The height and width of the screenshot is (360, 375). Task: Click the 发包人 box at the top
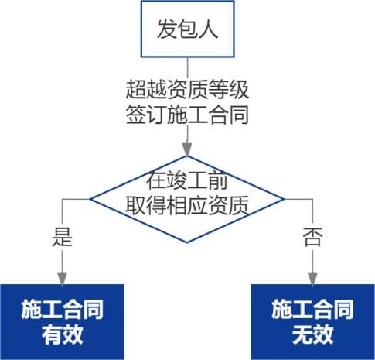pos(187,29)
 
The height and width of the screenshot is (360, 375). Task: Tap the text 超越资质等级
pos(187,90)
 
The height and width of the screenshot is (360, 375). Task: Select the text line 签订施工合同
pos(187,115)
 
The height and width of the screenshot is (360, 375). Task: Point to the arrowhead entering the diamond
pos(187,149)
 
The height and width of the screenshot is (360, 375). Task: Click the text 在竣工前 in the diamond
pos(187,181)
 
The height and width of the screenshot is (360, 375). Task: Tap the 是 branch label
pos(62,237)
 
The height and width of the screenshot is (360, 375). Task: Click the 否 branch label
pos(312,237)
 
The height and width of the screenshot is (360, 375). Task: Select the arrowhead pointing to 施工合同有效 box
pos(62,278)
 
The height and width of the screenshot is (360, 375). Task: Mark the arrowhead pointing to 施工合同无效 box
pos(312,278)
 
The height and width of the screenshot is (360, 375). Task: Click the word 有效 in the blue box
pos(63,334)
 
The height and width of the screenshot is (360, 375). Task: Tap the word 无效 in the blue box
pos(313,334)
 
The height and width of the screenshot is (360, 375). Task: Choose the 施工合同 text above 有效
pos(63,310)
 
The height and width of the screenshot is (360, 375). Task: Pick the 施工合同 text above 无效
pos(313,310)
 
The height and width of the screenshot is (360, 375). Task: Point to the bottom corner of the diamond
pos(187,242)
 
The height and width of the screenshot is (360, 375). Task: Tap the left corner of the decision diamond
pos(90,199)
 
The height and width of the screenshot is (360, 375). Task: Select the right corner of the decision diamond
pos(285,199)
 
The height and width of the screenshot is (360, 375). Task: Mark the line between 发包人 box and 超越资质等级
pos(187,68)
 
